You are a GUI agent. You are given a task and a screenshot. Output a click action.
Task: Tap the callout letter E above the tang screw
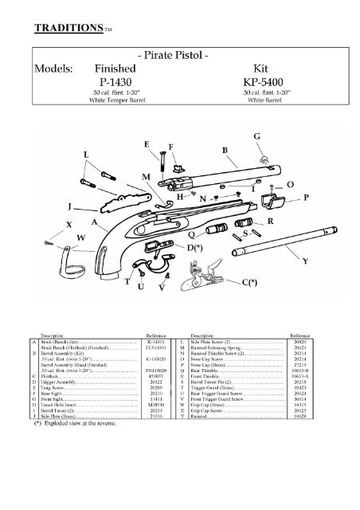169,144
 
